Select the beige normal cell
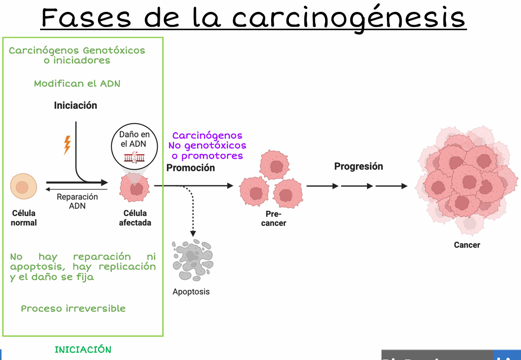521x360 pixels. pos(23,187)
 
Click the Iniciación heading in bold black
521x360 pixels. pos(76,105)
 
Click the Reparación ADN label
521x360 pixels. pos(77,201)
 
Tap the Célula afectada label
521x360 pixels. pos(135,218)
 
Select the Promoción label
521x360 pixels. pos(190,168)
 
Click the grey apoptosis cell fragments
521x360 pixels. pos(192,260)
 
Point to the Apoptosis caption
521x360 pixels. pos(191,292)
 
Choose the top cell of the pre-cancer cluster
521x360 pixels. pos(276,163)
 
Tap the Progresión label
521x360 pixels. pos(359,166)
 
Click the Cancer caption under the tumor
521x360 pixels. pos(467,245)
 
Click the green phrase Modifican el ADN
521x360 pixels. pos(77,84)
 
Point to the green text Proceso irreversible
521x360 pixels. pos(73,309)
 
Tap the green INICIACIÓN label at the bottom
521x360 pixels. pos(83,350)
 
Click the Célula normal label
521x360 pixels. pos(24,218)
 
